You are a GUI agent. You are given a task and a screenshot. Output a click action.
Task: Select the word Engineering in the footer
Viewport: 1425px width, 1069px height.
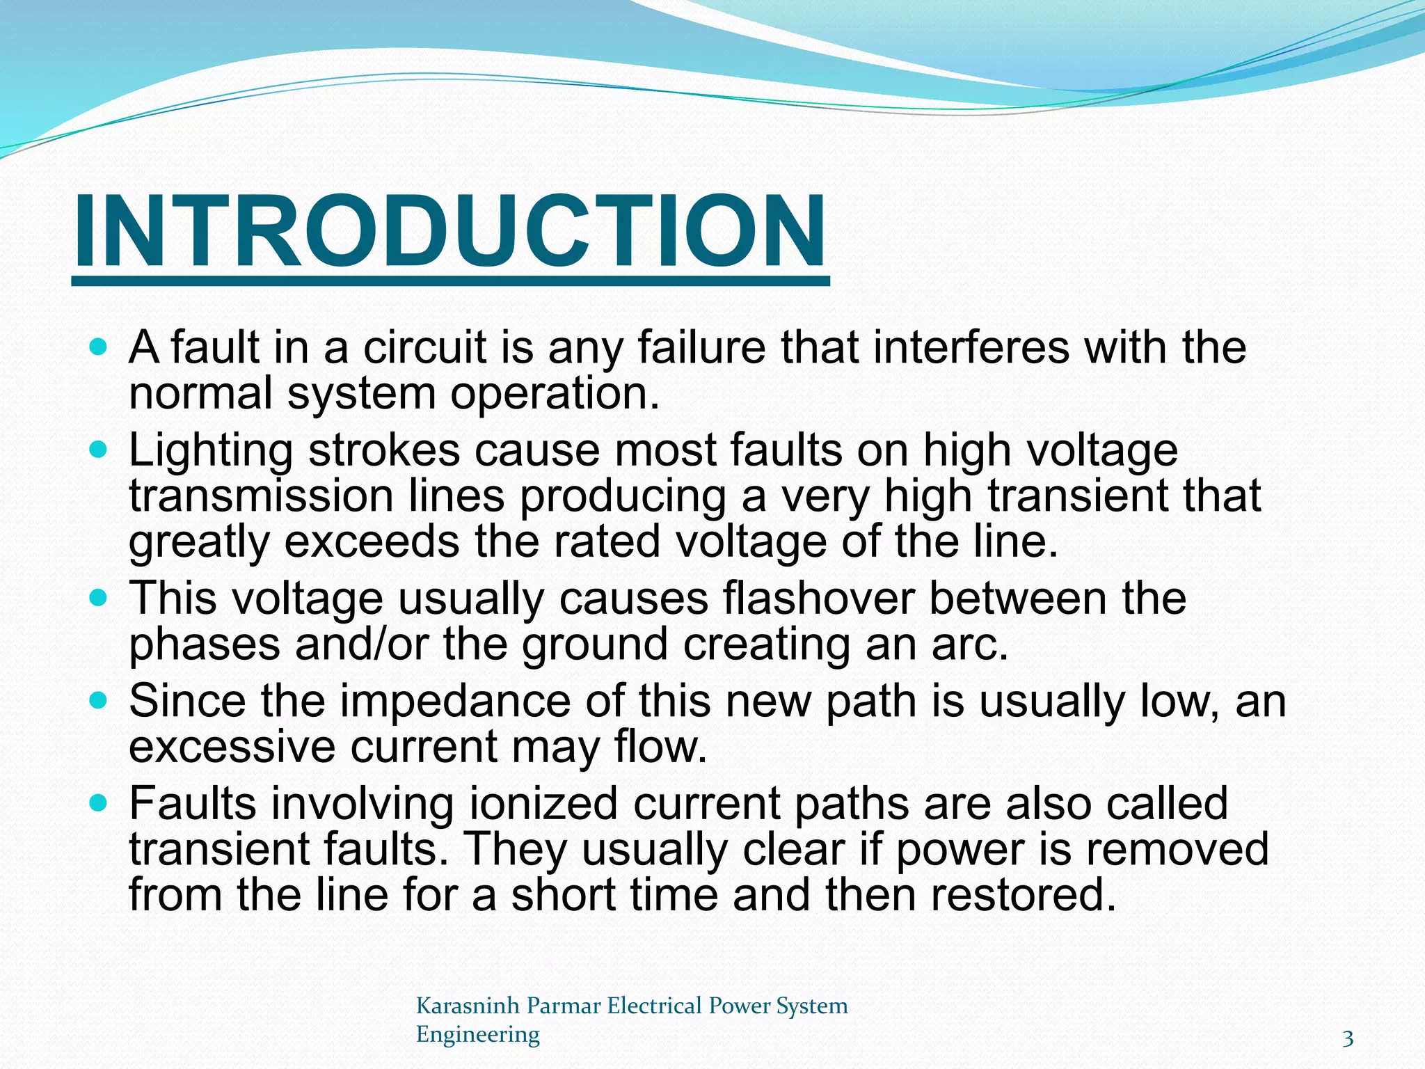point(477,1034)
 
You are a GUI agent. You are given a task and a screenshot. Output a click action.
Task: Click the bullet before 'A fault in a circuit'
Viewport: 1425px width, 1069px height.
point(99,346)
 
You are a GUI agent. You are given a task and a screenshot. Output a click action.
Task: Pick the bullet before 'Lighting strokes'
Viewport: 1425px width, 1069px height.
point(99,449)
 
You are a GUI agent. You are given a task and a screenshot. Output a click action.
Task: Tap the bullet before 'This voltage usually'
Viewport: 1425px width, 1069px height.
point(99,597)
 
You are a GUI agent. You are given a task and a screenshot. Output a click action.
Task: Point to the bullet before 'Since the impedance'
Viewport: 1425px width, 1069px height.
point(99,699)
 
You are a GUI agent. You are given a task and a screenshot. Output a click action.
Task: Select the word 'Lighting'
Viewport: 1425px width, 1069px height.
point(211,450)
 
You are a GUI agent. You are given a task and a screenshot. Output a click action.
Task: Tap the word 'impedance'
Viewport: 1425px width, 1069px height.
point(455,701)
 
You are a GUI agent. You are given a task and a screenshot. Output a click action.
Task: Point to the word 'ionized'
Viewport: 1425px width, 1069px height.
point(543,803)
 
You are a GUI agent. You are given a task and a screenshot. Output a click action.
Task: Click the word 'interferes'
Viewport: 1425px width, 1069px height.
point(971,347)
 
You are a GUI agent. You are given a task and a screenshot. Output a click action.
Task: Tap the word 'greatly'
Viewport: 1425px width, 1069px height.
point(199,543)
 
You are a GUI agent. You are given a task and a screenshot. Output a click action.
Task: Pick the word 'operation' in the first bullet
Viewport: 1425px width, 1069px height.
point(554,393)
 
